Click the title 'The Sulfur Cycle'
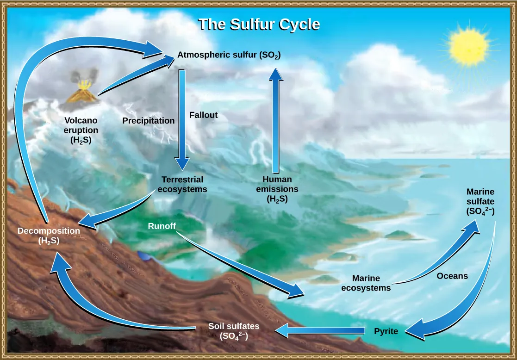(x=259, y=25)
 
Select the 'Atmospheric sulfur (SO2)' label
(x=229, y=56)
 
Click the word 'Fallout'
(x=203, y=115)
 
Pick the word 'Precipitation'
(x=148, y=121)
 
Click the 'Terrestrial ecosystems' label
(x=182, y=184)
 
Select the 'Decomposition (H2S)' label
(x=49, y=235)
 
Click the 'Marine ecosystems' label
(x=366, y=283)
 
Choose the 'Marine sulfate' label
(x=480, y=202)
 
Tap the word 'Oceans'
(x=452, y=276)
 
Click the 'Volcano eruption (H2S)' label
(x=81, y=130)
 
